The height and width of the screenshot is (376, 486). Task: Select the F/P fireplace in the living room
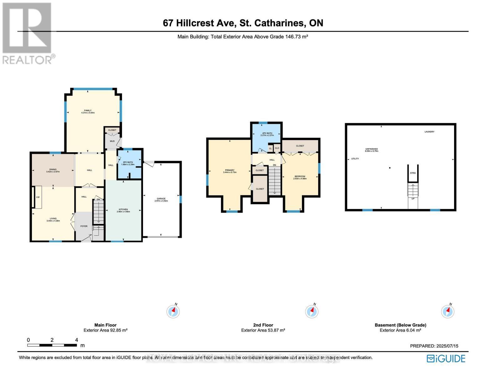point(38,197)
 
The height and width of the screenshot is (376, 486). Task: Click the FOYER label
point(84,226)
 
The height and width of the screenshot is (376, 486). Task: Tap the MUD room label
point(112,141)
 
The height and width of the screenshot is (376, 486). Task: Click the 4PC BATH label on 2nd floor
point(267,134)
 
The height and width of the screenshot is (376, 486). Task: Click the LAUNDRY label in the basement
point(429,132)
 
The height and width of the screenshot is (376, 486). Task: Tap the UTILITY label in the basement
point(355,159)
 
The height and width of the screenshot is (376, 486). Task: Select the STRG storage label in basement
point(413,173)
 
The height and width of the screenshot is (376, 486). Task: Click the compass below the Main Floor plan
point(173,311)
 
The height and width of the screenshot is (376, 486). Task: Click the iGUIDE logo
point(446,358)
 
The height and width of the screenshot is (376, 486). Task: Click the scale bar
point(52,345)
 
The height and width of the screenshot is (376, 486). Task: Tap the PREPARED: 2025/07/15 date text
point(434,346)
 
